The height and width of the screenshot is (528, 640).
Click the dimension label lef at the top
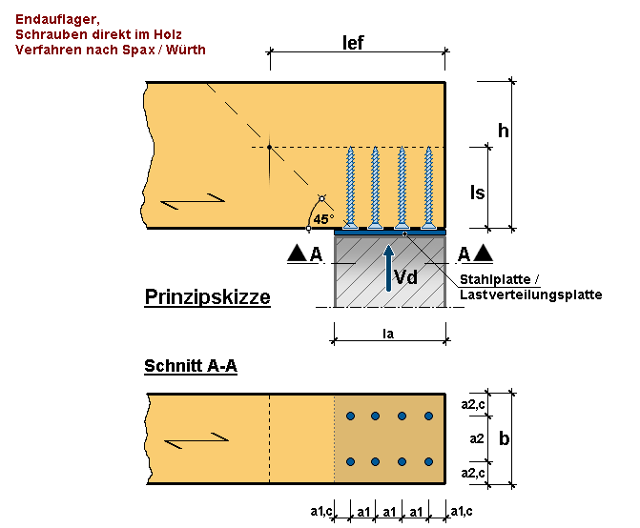[x=353, y=43]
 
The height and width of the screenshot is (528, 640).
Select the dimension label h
[x=504, y=131]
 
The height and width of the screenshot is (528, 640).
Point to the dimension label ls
[x=478, y=193]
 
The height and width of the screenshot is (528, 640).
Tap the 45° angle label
[x=323, y=219]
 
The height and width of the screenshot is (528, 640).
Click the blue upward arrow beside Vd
[x=389, y=268]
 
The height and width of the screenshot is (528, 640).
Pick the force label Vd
[x=406, y=277]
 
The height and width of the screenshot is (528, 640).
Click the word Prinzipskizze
[x=207, y=297]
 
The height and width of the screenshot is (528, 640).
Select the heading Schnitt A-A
[x=191, y=366]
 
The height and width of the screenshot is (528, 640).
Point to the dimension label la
[x=388, y=334]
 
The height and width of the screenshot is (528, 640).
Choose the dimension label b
[x=504, y=438]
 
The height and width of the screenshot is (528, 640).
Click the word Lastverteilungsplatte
[x=531, y=294]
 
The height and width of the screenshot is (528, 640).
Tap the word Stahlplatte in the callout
[x=495, y=279]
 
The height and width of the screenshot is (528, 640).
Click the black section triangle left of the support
[x=298, y=254]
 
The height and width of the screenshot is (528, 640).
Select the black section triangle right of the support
[x=483, y=254]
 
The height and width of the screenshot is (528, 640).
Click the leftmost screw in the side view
[x=350, y=188]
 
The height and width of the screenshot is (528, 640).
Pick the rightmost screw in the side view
[x=428, y=188]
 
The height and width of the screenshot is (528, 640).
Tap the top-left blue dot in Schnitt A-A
[x=350, y=416]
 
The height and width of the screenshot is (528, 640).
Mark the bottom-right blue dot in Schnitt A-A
[x=428, y=461]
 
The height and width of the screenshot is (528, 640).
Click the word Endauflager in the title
[x=57, y=19]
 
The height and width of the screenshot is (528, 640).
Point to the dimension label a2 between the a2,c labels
[x=477, y=438]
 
